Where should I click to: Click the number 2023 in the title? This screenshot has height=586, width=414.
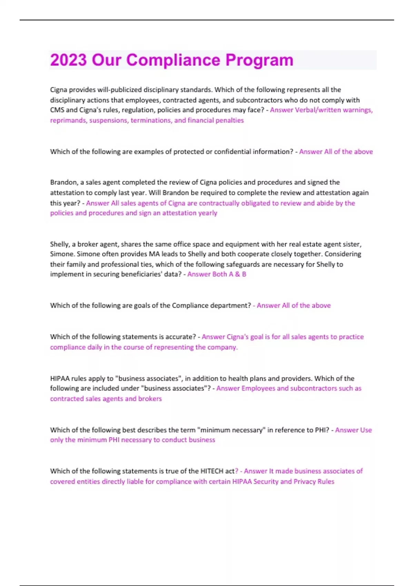point(68,60)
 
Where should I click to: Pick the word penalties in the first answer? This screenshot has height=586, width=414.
point(229,120)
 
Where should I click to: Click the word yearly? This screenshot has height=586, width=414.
point(207,213)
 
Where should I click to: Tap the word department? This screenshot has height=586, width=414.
point(229,305)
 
